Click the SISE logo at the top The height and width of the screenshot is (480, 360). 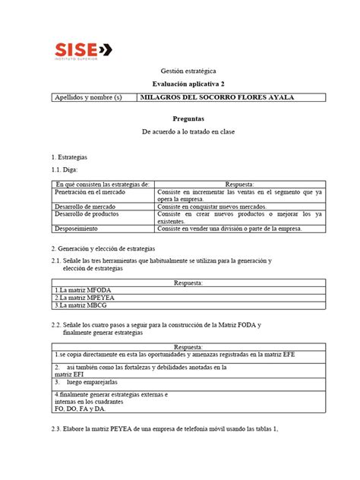tap(84, 49)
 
